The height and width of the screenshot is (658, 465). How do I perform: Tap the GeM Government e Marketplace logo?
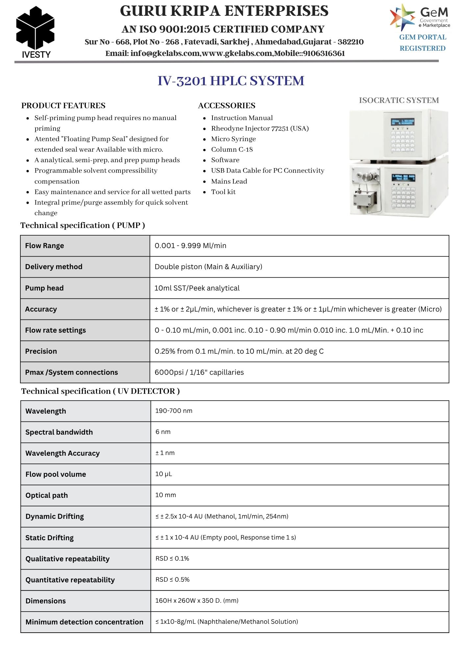point(420,17)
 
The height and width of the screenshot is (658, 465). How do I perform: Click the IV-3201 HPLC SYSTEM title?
point(231,81)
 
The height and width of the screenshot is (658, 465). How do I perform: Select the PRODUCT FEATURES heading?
point(63,106)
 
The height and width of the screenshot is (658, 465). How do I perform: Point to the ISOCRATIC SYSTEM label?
point(399,100)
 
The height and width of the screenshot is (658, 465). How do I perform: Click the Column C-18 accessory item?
point(232,149)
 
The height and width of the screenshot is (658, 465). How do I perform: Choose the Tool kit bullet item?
point(223,192)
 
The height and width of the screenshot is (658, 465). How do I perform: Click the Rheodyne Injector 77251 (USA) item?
point(260,128)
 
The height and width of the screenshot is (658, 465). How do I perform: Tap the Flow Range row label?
point(45,246)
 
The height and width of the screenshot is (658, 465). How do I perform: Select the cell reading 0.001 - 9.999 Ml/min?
point(190,246)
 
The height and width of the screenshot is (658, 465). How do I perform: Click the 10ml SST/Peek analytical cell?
point(197,288)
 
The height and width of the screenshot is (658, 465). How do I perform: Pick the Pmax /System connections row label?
point(71,372)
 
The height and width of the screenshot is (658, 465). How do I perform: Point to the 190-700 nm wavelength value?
point(174,411)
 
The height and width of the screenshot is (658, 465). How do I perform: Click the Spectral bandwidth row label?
point(59,432)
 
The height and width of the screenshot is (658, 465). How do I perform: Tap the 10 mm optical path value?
point(165,495)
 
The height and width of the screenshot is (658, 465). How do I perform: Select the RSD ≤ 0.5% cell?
point(172,580)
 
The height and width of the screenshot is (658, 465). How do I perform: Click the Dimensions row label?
point(46,601)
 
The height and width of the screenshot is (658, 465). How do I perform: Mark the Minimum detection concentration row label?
point(85,622)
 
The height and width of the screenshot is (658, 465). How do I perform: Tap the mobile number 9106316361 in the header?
point(324,53)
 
